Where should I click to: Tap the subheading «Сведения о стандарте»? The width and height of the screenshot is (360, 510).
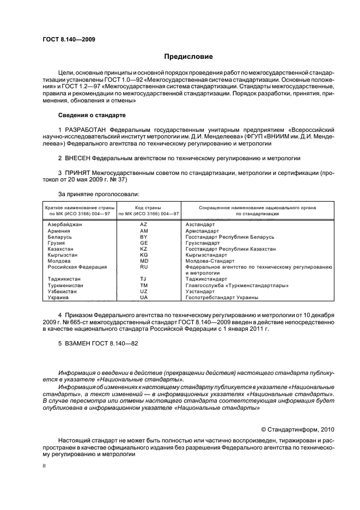91,116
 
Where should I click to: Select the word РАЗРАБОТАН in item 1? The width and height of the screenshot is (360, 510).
86,130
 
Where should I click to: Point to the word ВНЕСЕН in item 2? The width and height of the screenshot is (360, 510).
77,158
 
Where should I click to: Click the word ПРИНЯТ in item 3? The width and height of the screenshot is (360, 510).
77,172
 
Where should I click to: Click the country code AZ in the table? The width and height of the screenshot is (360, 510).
144,225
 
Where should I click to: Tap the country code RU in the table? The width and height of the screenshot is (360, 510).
144,267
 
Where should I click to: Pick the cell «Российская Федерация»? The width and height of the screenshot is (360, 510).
77,267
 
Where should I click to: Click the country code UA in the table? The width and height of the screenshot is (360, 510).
144,297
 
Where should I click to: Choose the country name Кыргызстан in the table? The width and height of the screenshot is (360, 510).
63,255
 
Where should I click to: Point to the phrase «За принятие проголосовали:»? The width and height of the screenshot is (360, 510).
91,193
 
